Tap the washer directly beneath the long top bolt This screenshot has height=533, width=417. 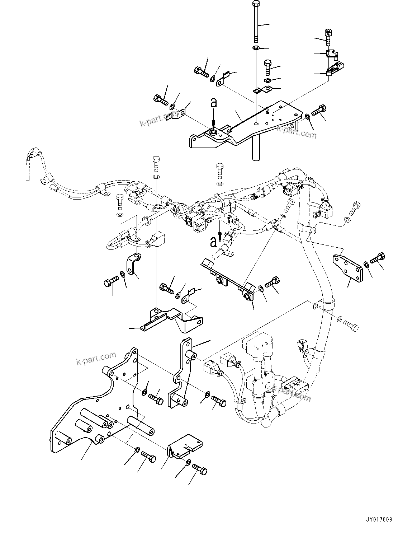click(256, 48)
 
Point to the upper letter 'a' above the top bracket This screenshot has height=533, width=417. click(213, 103)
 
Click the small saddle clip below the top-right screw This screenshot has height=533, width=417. click(332, 54)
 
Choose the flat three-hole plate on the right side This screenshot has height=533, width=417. click(347, 267)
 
